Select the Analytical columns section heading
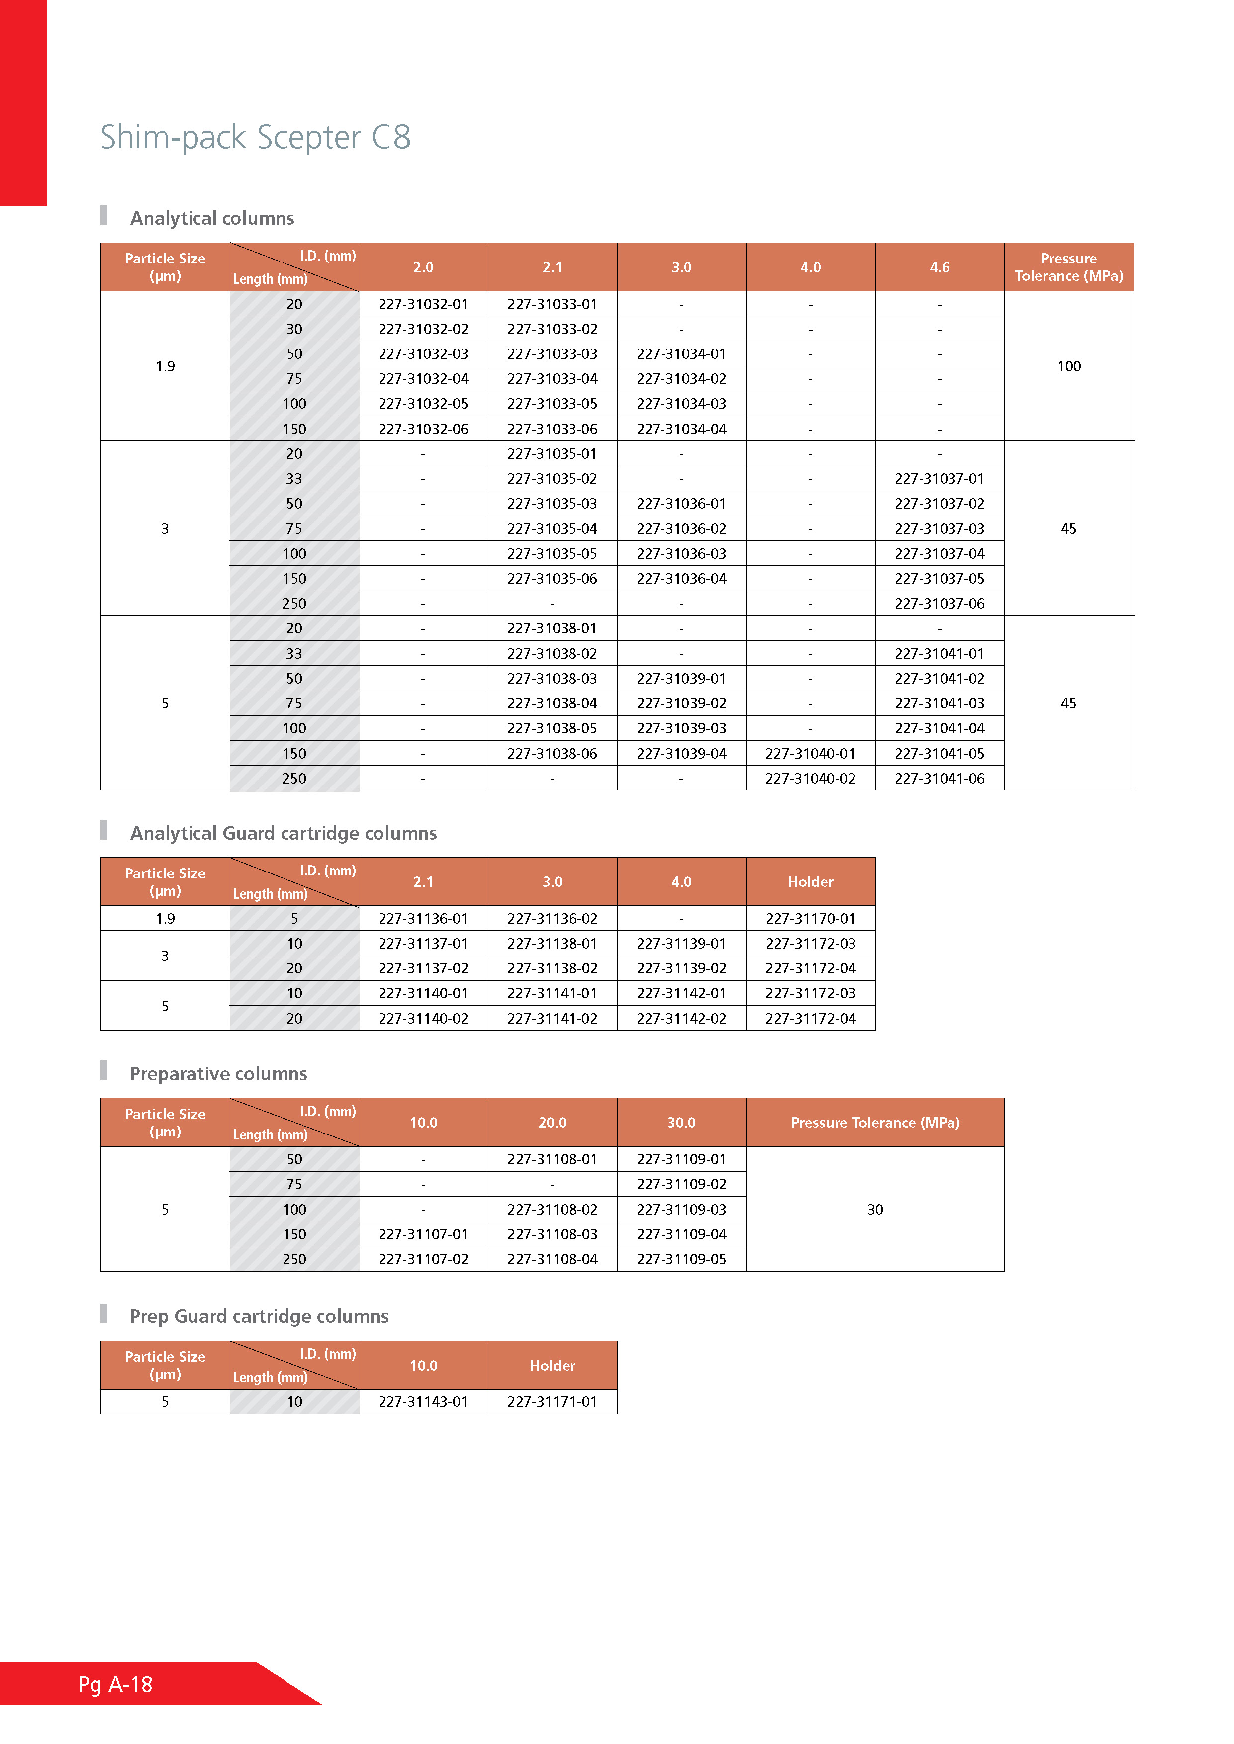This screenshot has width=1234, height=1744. pyautogui.click(x=212, y=219)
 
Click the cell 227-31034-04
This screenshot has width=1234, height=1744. pyautogui.click(x=681, y=429)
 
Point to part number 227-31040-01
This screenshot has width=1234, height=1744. pyautogui.click(x=810, y=754)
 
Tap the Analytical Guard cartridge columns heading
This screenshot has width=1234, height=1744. pyautogui.click(x=284, y=833)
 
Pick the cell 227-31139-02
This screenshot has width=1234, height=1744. pyautogui.click(x=681, y=968)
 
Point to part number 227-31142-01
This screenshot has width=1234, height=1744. pyautogui.click(x=681, y=993)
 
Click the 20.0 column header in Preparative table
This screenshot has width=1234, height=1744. pyautogui.click(x=553, y=1123)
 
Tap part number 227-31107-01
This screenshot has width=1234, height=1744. pyautogui.click(x=423, y=1234)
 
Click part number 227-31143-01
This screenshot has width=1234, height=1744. pyautogui.click(x=423, y=1402)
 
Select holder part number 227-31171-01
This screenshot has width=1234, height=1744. pyautogui.click(x=553, y=1402)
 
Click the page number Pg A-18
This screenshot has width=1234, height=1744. pyautogui.click(x=115, y=1685)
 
